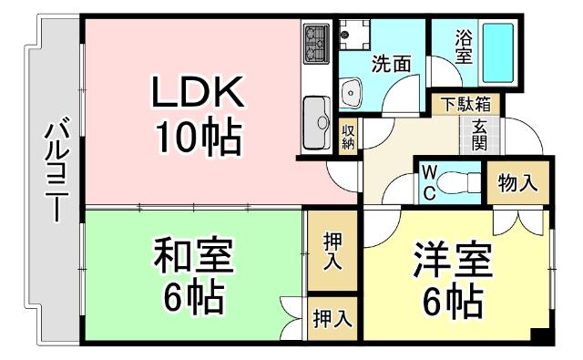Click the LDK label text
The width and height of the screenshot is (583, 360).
click(x=196, y=94)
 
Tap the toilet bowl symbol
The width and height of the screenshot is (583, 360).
click(x=465, y=182)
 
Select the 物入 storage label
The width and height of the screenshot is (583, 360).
click(x=517, y=182)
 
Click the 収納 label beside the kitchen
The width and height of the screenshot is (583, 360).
click(x=349, y=137)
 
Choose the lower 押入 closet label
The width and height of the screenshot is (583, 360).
click(x=333, y=318)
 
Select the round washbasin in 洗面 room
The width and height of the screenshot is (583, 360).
click(x=350, y=91)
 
